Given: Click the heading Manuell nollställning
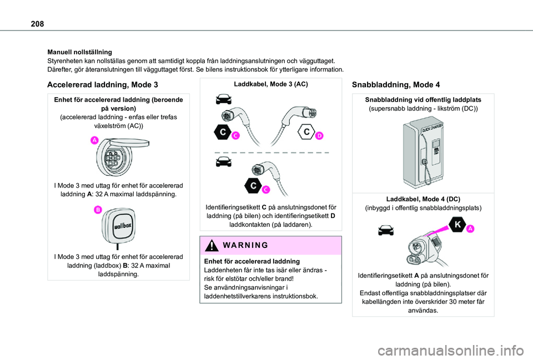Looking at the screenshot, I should pos(79,52).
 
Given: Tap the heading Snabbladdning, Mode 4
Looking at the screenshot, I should pos(396,85).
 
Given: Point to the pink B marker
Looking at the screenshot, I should pos(97,209).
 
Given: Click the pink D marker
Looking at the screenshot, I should pos(320,135).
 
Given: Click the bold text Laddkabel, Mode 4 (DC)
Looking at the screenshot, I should pos(423,199).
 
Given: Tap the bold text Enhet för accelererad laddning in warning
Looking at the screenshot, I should pos(253,261).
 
